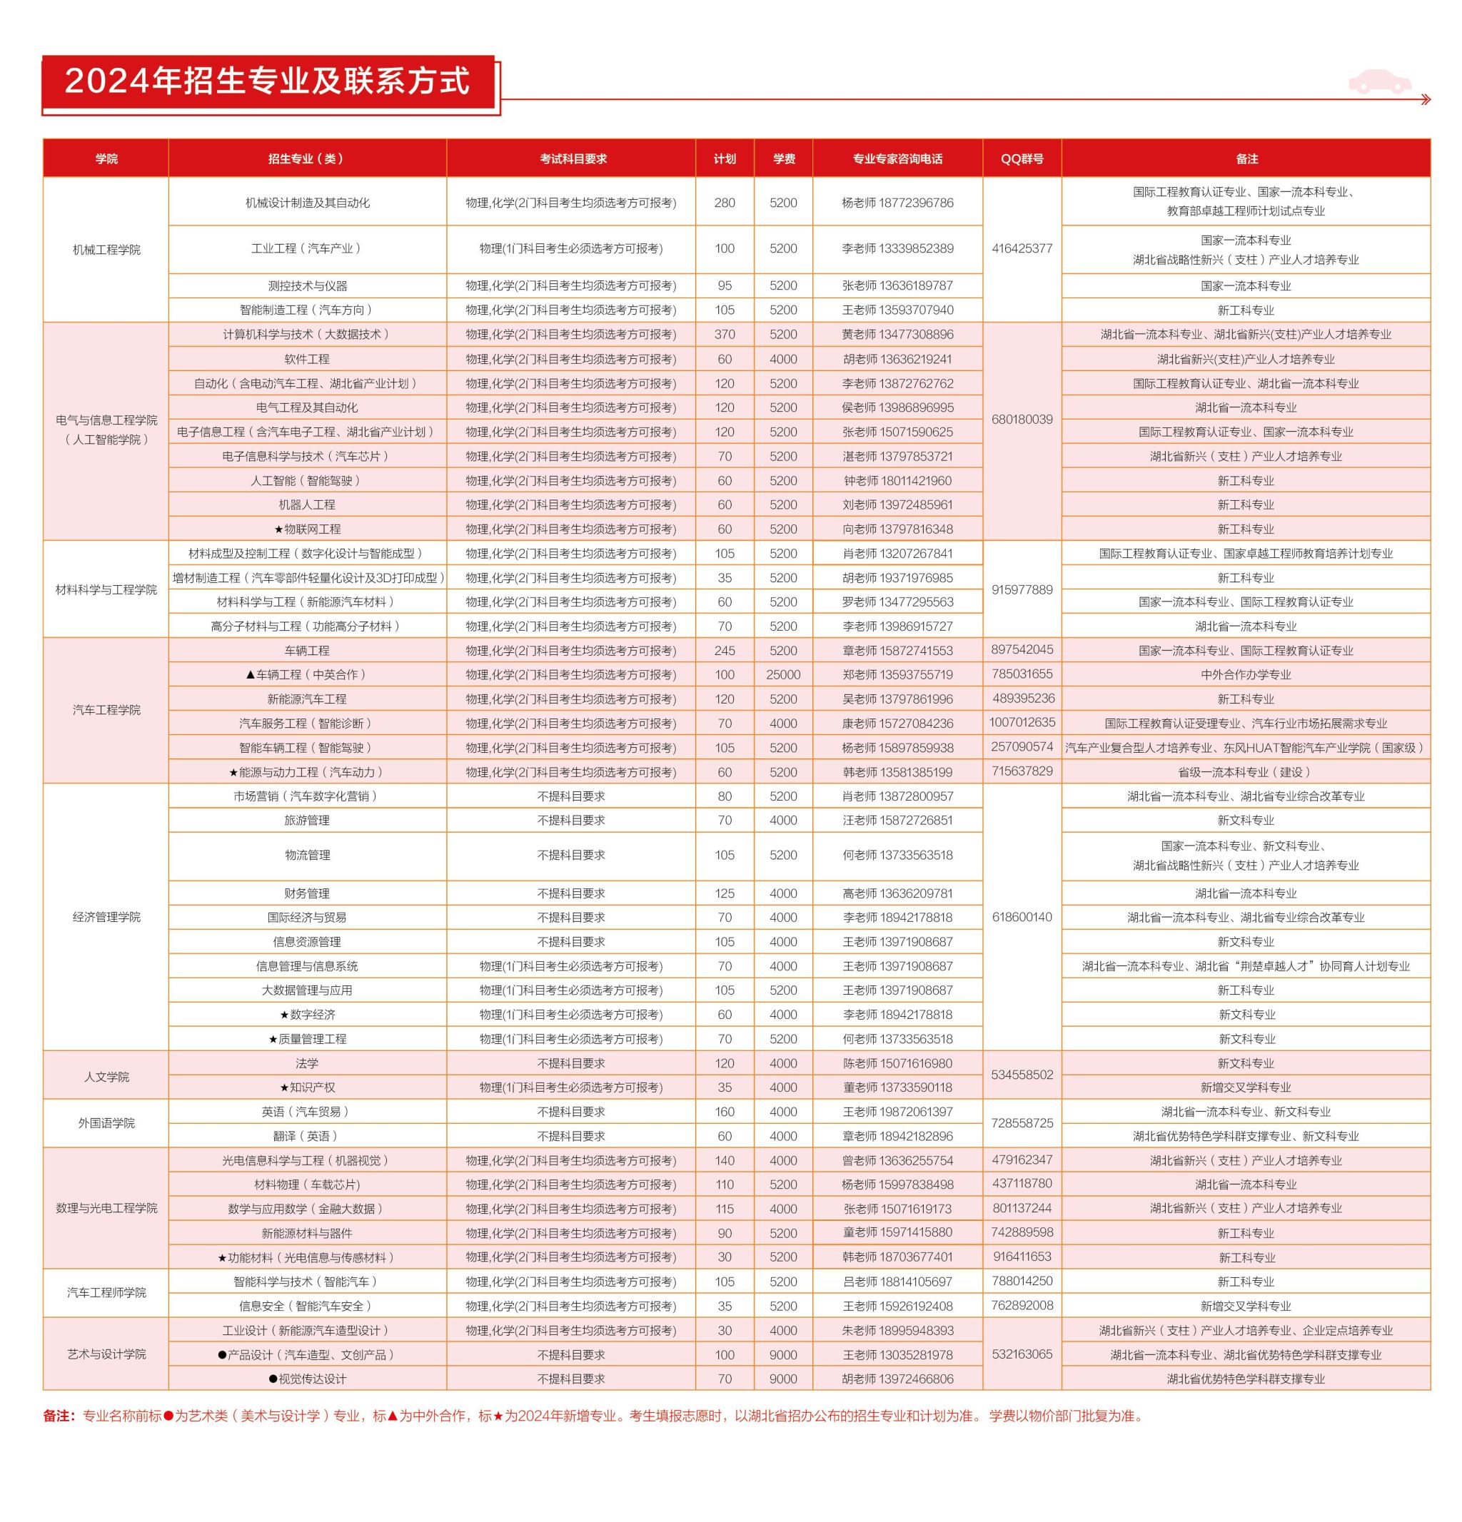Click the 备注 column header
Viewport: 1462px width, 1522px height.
[x=1245, y=158]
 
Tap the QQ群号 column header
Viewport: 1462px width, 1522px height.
[x=1022, y=158]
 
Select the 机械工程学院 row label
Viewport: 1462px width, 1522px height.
[x=106, y=249]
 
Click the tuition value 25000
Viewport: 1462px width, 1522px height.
[x=783, y=675]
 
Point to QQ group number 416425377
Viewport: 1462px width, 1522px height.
[x=1022, y=248]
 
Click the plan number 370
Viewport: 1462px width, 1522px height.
[x=724, y=335]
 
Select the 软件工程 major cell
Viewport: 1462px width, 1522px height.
[x=307, y=359]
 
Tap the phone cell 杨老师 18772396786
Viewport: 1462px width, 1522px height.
[x=897, y=203]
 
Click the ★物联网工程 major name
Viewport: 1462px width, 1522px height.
[x=307, y=529]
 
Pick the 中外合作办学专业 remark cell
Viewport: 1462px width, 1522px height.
[x=1245, y=675]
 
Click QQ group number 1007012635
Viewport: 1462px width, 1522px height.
[x=1022, y=722]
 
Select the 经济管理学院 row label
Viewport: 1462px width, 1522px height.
[x=106, y=917]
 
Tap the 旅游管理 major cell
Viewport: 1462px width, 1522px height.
[x=307, y=820]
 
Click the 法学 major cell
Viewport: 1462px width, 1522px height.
[x=307, y=1063]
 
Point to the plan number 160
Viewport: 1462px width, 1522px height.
[x=724, y=1112]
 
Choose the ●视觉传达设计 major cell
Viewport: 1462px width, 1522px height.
[x=307, y=1379]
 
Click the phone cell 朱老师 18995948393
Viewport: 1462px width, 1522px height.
[x=897, y=1330]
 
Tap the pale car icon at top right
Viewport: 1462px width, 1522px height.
[x=1379, y=81]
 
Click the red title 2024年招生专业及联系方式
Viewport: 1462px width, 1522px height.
[x=267, y=81]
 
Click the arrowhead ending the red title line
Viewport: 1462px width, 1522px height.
[x=1425, y=99]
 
